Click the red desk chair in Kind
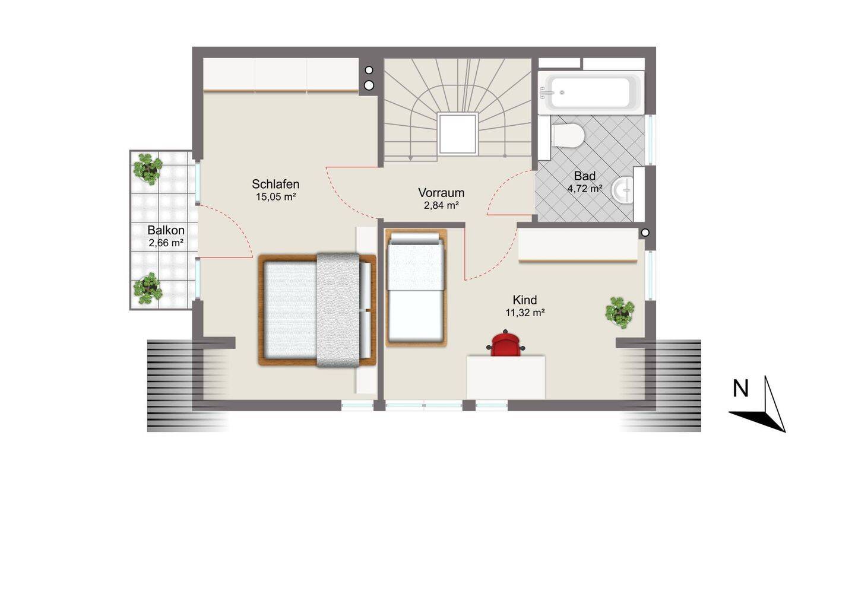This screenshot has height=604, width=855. tap(505, 344)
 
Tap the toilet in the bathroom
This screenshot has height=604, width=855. tap(568, 135)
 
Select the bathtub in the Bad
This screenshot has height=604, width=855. tap(591, 93)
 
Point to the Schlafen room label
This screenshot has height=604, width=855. tap(275, 184)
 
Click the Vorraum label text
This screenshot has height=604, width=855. tap(441, 193)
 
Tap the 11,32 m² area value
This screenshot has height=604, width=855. tap(525, 313)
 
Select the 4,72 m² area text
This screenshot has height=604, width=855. tap(585, 189)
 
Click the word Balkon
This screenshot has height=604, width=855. tap(166, 230)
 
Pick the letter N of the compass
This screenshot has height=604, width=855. tap(741, 389)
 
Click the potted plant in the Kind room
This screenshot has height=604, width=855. tap(620, 312)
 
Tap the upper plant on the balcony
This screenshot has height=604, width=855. tap(148, 169)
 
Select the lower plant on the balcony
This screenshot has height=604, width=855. tap(148, 288)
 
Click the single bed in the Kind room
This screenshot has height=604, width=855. tap(416, 288)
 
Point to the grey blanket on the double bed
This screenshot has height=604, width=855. tap(338, 310)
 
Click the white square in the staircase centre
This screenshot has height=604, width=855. tap(458, 133)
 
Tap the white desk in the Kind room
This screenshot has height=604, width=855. tap(506, 377)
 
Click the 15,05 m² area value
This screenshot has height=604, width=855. tap(276, 197)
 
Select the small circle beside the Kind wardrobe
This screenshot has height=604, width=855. tap(645, 232)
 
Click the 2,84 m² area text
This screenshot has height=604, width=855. tap(441, 205)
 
